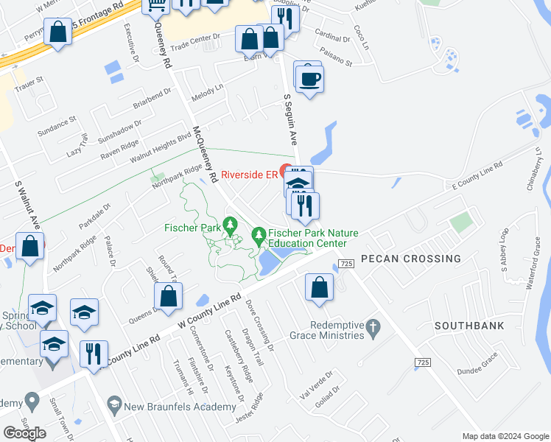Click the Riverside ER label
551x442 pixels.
[248, 175]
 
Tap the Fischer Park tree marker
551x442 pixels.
[231, 222]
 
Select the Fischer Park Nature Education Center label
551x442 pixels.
[312, 238]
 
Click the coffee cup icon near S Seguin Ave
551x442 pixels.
[310, 78]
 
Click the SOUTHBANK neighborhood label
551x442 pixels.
[468, 325]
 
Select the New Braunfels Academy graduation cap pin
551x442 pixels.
[114, 403]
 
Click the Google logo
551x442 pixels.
[24, 433]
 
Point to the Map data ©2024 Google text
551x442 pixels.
[505, 436]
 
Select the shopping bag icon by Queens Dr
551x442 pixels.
[168, 296]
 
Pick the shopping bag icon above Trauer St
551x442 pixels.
[57, 32]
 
